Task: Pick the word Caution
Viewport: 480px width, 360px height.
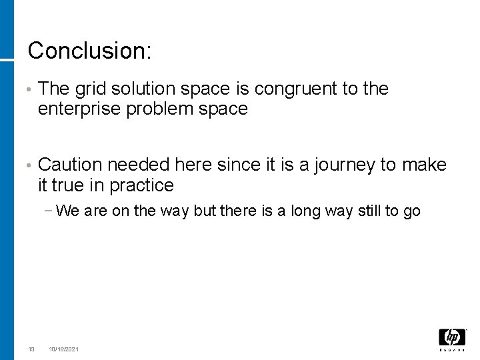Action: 70,165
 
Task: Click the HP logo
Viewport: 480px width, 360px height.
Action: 452,338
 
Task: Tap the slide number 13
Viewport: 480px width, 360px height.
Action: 31,349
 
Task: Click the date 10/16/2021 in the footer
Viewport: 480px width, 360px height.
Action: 63,349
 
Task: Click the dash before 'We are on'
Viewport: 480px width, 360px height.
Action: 51,211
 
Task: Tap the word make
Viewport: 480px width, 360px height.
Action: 424,165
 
